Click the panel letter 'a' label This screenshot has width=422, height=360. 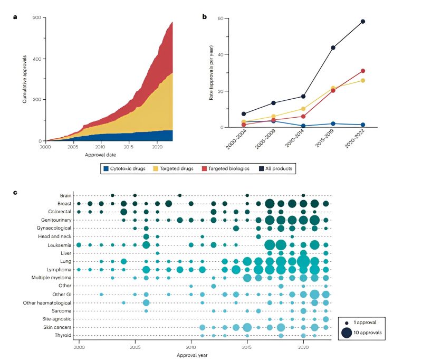[x=15, y=17]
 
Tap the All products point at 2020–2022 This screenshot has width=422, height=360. [x=363, y=22]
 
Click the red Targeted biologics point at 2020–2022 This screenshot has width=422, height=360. [x=363, y=71]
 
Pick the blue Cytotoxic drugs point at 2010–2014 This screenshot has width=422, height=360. [x=303, y=126]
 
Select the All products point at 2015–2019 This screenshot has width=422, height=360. [x=333, y=48]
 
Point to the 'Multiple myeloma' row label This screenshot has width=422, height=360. [x=49, y=278]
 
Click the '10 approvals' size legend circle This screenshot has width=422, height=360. [x=347, y=333]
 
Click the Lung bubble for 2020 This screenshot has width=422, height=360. [x=303, y=261]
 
